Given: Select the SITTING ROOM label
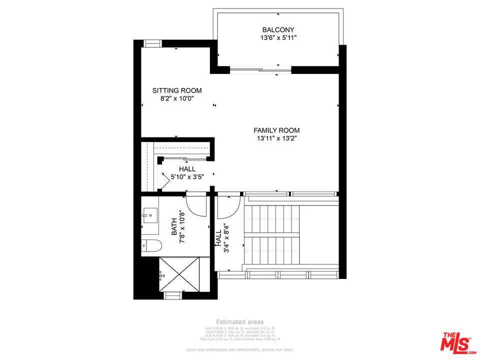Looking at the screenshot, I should [x=177, y=90].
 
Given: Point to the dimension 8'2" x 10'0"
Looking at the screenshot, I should [x=177, y=99].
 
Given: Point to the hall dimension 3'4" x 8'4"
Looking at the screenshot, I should [x=226, y=238].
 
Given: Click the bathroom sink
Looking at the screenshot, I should [x=149, y=216].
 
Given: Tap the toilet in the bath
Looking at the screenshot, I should [x=152, y=245].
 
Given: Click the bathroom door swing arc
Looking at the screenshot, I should [x=196, y=206].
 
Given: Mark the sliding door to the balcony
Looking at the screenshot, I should [x=260, y=70].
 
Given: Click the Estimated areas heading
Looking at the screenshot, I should [x=240, y=322].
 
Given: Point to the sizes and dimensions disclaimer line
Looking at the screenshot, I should [x=240, y=350].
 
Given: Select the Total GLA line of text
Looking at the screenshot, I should [x=240, y=339].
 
